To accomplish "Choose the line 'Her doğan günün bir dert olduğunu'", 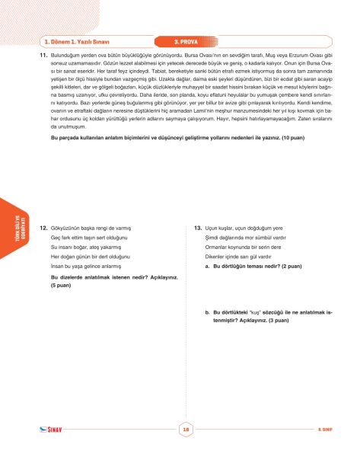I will [x=90, y=257].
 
